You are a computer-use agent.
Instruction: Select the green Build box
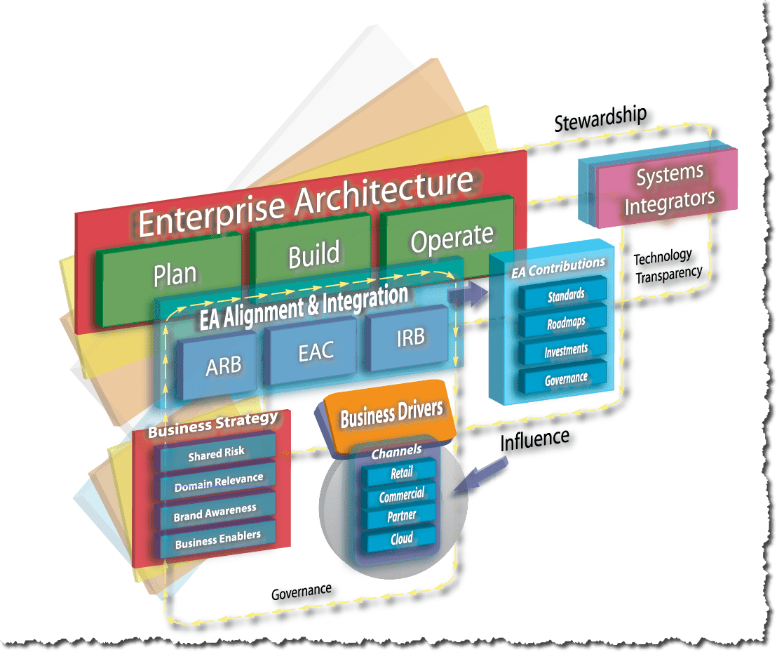313,254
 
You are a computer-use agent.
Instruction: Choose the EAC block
316,352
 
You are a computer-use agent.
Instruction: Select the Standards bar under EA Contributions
565,295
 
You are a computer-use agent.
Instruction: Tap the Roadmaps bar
565,324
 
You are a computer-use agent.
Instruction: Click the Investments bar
565,351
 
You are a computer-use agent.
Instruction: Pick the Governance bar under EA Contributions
565,379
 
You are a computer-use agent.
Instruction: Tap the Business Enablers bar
217,539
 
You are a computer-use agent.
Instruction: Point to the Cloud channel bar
401,539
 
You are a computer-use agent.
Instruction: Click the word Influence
534,439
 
